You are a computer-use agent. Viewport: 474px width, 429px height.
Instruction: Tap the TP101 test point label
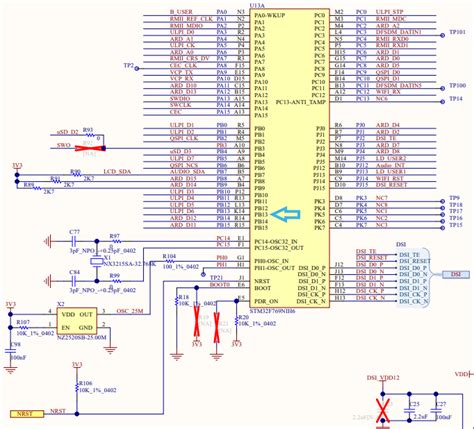(455, 31)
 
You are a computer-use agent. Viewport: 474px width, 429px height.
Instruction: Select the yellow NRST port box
(24, 412)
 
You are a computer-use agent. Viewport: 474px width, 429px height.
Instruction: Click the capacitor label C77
(74, 231)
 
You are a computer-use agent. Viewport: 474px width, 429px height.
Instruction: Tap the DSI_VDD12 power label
(383, 377)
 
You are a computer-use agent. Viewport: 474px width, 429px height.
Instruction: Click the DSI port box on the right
(453, 273)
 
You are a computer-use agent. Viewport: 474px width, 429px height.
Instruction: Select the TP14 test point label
(455, 99)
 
